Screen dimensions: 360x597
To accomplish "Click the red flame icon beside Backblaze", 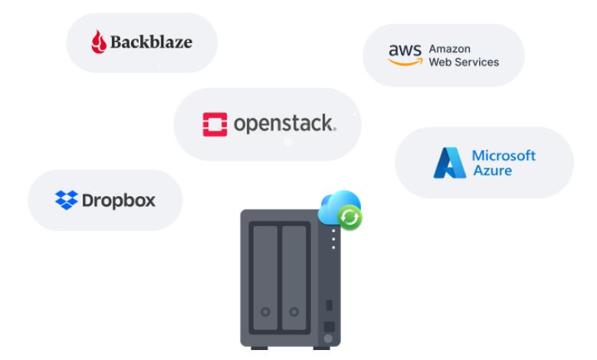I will coord(99,42).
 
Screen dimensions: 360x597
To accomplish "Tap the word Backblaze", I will coord(151,42).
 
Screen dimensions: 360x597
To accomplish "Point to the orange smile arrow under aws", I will coord(405,61).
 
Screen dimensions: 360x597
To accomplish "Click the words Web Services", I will coord(464,61).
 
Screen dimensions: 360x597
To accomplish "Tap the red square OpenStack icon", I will coord(215,124).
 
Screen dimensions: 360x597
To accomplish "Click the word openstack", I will coord(284,123).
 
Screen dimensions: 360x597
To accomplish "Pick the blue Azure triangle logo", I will coord(449,162).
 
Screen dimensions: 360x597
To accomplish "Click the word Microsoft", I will coord(504,155).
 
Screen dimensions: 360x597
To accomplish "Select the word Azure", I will coord(492,169).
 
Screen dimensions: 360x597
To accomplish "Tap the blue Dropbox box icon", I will coord(66,201).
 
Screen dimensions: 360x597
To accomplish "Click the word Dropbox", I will coord(118,201).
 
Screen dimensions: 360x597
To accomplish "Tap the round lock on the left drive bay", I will coord(264,312).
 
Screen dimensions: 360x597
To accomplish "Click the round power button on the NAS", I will coord(328,338).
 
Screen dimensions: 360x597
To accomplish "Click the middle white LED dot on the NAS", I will coord(333,237).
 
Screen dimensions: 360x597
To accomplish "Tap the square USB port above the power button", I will coord(328,325).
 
